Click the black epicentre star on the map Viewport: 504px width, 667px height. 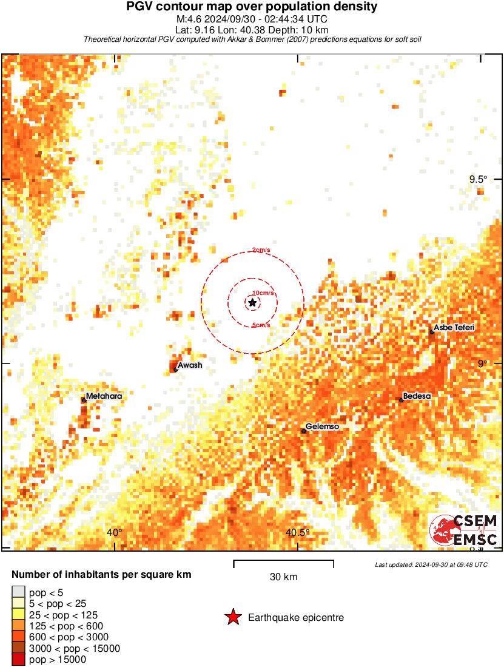(252, 302)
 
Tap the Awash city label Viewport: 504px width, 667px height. (190, 365)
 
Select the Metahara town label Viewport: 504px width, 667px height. (104, 396)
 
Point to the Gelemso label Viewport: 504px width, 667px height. (322, 427)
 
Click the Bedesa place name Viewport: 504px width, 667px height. (417, 396)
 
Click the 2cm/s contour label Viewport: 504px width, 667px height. (261, 250)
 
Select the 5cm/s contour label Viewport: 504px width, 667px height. (261, 325)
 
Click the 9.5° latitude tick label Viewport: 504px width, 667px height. (478, 179)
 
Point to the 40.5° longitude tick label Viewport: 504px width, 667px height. (298, 533)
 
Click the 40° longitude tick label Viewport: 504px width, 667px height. (115, 533)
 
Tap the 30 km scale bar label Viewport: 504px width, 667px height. (283, 577)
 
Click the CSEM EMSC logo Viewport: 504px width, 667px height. (464, 530)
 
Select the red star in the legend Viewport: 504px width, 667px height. (233, 618)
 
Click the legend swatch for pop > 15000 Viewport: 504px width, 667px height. (18, 660)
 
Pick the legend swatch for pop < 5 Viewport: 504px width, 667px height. (18, 592)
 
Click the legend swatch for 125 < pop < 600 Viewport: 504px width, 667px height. (18, 626)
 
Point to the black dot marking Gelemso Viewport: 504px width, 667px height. (304, 431)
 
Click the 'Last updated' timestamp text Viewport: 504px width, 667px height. (431, 564)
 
